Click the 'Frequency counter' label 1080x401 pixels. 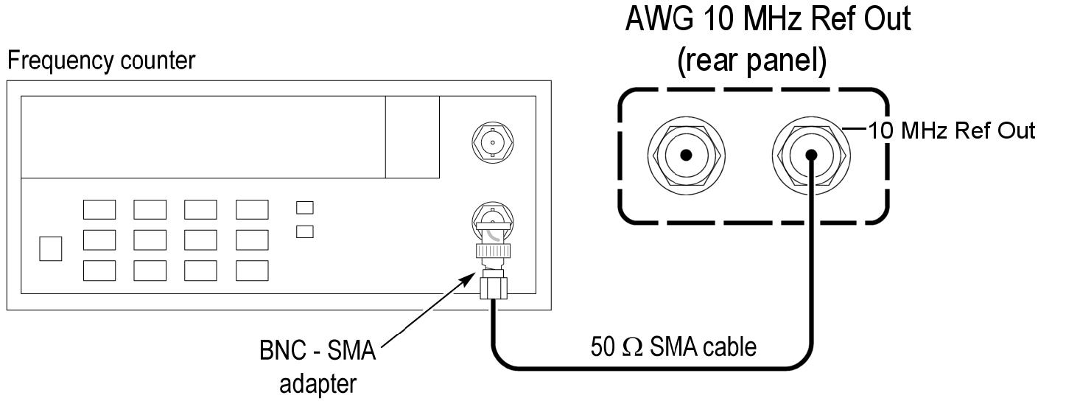pyautogui.click(x=101, y=60)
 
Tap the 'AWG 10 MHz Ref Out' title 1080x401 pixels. pyautogui.click(x=767, y=19)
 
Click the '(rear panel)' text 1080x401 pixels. pyautogui.click(x=751, y=62)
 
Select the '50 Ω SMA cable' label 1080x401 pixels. pyautogui.click(x=673, y=346)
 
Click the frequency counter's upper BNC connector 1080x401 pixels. pyautogui.click(x=492, y=142)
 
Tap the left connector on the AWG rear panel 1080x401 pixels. pyautogui.click(x=685, y=155)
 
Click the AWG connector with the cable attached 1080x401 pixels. pyautogui.click(x=811, y=155)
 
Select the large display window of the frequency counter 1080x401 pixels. pyautogui.click(x=203, y=136)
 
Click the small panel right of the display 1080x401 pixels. pyautogui.click(x=413, y=136)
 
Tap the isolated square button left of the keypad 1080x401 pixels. pyautogui.click(x=51, y=248)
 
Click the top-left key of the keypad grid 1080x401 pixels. pyautogui.click(x=99, y=210)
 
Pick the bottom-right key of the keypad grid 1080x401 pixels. pyautogui.click(x=252, y=271)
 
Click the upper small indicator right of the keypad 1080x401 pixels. pyautogui.click(x=304, y=208)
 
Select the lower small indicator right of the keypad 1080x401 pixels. pyautogui.click(x=304, y=231)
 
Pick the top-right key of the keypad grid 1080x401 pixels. pyautogui.click(x=252, y=210)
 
